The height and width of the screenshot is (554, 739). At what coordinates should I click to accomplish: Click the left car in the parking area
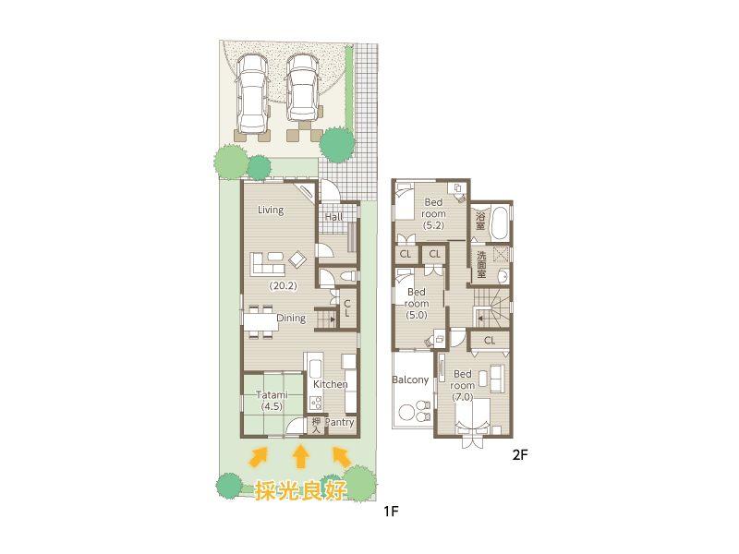[251, 93]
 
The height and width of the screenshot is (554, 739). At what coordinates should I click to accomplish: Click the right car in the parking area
[302, 89]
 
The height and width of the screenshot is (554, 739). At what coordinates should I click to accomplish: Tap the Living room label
[271, 210]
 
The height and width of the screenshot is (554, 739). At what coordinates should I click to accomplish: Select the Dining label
[291, 319]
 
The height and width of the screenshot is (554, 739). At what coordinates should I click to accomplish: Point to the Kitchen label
[330, 384]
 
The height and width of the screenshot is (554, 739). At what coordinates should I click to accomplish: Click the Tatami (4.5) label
[272, 401]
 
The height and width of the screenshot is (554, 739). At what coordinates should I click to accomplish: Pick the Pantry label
[340, 423]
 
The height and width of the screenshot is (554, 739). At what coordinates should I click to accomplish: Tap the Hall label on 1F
[334, 217]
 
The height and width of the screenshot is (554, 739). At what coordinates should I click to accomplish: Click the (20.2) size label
[283, 286]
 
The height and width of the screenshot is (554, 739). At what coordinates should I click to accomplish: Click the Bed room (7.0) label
[463, 385]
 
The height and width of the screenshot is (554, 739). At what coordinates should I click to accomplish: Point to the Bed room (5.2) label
[434, 213]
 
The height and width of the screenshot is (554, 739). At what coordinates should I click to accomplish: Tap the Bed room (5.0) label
[417, 303]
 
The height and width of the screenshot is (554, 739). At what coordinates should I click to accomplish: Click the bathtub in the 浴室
[501, 223]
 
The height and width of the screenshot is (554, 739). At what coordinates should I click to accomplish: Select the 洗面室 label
[481, 265]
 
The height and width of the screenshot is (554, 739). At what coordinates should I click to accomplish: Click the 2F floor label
[520, 454]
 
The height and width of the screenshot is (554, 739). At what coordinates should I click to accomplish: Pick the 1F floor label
[390, 509]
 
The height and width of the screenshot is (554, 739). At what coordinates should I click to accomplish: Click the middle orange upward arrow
[300, 455]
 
